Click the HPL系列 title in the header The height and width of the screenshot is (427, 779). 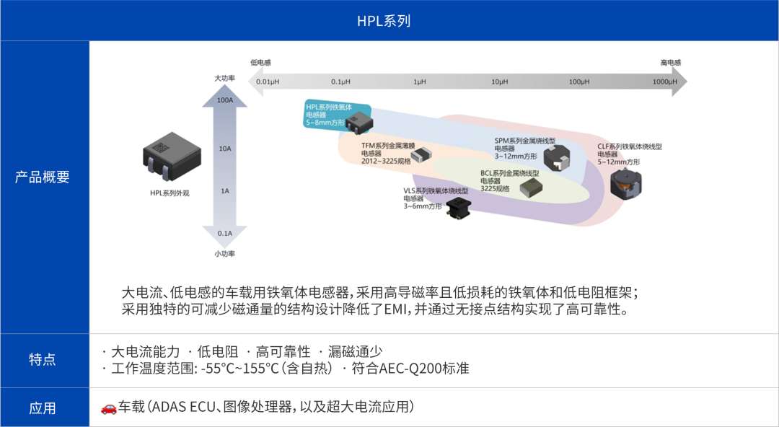point(384,21)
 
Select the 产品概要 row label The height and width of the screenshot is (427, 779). point(43,177)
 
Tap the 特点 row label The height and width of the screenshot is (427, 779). point(43,359)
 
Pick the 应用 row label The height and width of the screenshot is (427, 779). point(43,408)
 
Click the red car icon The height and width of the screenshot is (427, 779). point(108,408)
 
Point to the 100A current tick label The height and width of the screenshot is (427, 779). point(224,100)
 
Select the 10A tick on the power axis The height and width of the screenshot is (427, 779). point(224,148)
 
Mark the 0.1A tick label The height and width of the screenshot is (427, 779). point(224,233)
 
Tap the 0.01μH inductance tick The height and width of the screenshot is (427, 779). point(268,82)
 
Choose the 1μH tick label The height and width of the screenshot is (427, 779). point(420,82)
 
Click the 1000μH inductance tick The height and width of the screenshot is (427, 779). point(665,82)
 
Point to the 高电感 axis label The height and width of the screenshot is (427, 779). point(671,63)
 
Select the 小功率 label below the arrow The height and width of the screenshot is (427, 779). point(224,253)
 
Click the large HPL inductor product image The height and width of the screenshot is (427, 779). point(172,156)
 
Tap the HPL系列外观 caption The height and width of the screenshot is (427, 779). point(170,193)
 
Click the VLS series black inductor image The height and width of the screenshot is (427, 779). point(457,206)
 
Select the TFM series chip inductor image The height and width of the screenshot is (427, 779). point(421,154)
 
